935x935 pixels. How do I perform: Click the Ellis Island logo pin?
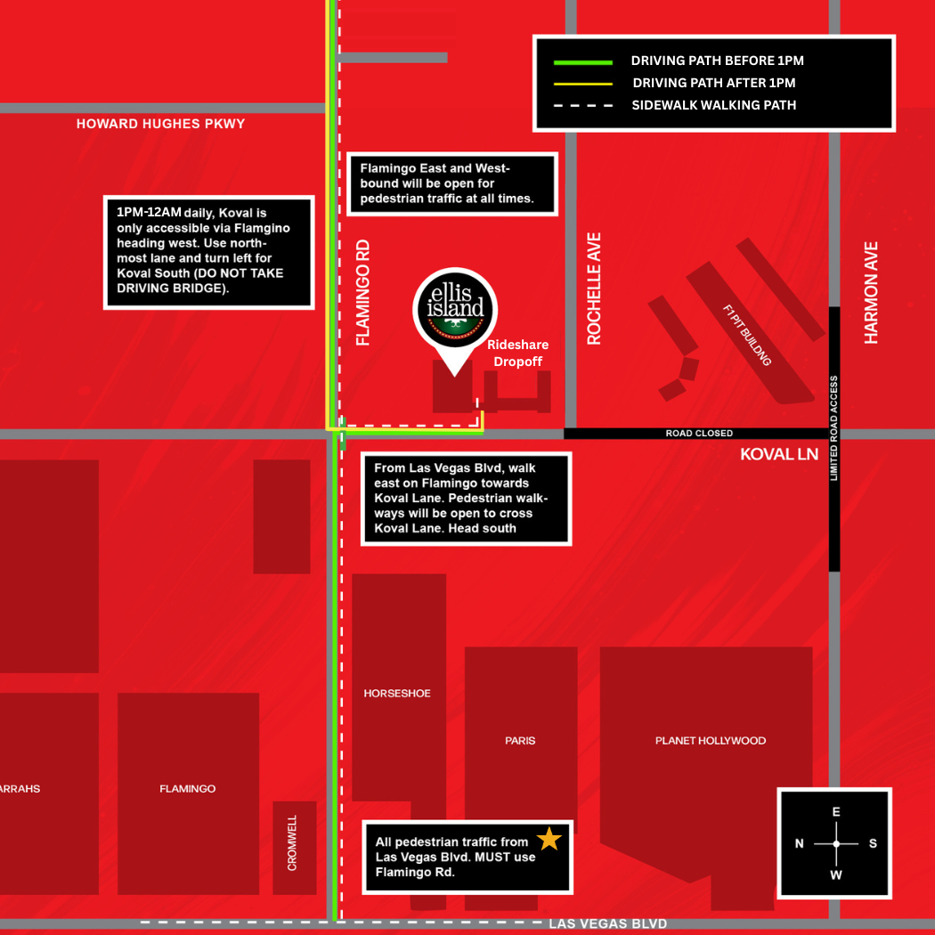pos(455,311)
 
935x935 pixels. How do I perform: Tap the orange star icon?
pos(549,839)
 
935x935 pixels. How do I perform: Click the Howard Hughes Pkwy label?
pos(160,124)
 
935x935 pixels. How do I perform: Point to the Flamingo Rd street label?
pos(362,292)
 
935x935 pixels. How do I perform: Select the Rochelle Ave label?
pos(594,289)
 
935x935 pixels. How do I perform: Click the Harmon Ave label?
pos(871,292)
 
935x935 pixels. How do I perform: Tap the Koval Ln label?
pos(779,454)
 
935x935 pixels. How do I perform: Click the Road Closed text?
pos(699,434)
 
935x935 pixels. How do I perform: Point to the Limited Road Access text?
pos(834,427)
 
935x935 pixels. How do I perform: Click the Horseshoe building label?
pos(397,693)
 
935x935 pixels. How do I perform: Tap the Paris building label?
pos(520,740)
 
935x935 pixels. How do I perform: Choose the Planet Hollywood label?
pos(710,740)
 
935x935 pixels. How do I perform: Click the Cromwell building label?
pos(293,842)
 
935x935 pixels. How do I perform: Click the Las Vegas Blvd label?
pos(607,923)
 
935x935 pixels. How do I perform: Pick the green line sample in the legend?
pos(583,61)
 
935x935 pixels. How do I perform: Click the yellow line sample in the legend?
pos(583,83)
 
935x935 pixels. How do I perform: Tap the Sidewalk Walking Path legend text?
pos(713,105)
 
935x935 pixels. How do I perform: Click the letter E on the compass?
pos(835,812)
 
